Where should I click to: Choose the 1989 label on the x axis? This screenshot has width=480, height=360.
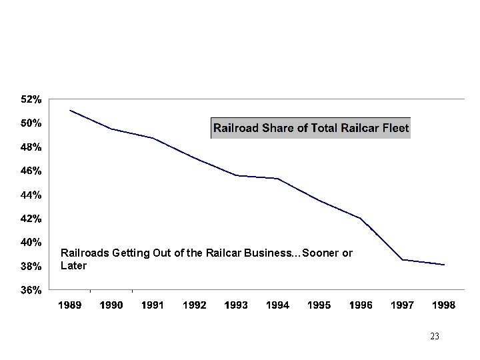[x=69, y=305]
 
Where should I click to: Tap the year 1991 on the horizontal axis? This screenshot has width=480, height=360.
[x=153, y=305]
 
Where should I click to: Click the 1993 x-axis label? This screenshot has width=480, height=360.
[x=236, y=305]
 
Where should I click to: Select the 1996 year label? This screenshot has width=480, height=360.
[x=361, y=305]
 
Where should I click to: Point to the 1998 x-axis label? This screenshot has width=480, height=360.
[x=443, y=305]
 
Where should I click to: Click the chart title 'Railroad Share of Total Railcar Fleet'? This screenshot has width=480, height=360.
[x=311, y=127]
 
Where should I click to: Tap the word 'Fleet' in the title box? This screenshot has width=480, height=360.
[x=395, y=127]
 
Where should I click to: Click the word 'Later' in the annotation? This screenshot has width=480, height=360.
[x=73, y=265]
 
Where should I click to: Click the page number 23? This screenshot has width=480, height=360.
[x=435, y=337]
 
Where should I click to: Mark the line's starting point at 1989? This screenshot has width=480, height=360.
[x=70, y=110]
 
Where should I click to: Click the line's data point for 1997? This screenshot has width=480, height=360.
[x=403, y=259]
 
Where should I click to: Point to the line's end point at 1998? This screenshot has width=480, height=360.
[x=444, y=265]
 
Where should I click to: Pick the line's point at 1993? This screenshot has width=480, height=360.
[x=237, y=175]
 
